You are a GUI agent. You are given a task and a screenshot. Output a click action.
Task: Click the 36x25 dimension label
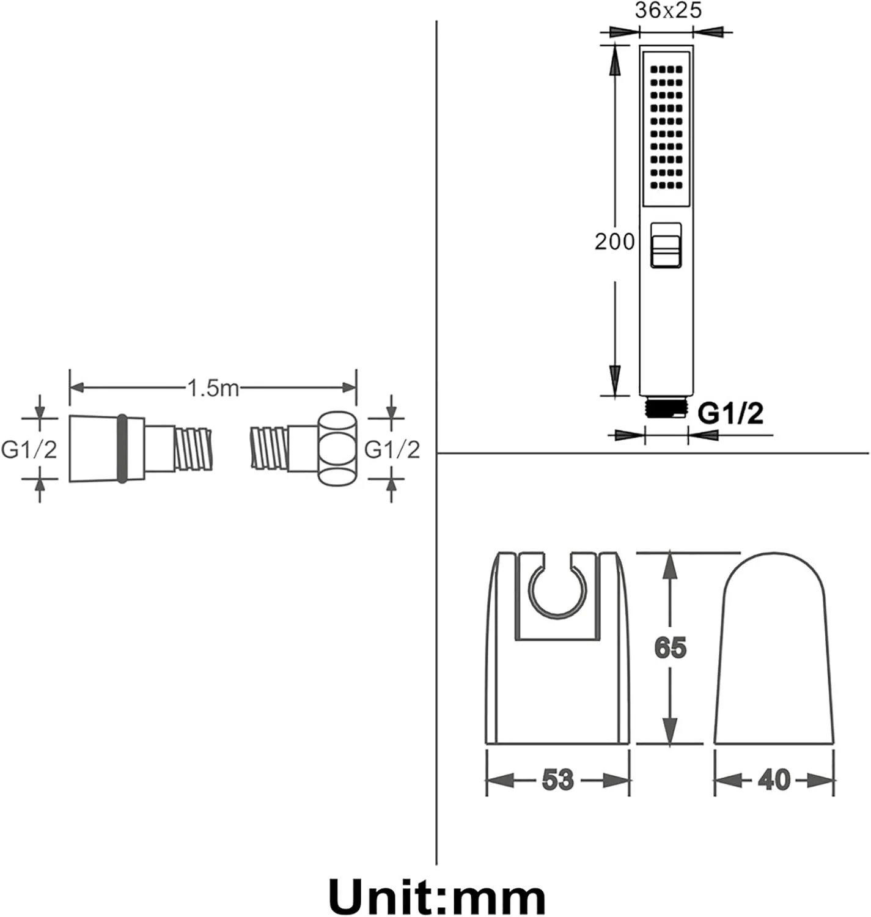coord(668,10)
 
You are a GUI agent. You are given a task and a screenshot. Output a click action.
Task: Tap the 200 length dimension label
coord(614,241)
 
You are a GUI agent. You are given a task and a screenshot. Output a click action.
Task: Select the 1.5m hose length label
coord(213,388)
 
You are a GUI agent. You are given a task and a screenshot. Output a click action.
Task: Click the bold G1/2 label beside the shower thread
coord(730,413)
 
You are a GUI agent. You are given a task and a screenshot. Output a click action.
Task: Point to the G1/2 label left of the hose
coord(29,450)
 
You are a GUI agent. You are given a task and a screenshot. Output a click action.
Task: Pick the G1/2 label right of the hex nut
coord(392,450)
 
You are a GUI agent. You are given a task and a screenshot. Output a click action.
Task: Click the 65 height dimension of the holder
coord(671,648)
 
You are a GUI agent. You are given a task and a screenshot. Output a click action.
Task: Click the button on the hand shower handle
coord(666,245)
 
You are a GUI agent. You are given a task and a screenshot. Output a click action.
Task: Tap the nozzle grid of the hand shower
coord(666,127)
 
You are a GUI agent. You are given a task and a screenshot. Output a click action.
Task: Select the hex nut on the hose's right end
coord(337,449)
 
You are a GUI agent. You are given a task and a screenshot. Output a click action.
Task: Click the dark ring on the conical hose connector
coord(122,449)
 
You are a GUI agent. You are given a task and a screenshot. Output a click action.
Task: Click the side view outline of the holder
coord(774,649)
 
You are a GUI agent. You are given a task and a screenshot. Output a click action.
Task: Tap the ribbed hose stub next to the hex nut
coord(270,448)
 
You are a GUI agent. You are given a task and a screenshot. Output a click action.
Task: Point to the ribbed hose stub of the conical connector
coord(194,448)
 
